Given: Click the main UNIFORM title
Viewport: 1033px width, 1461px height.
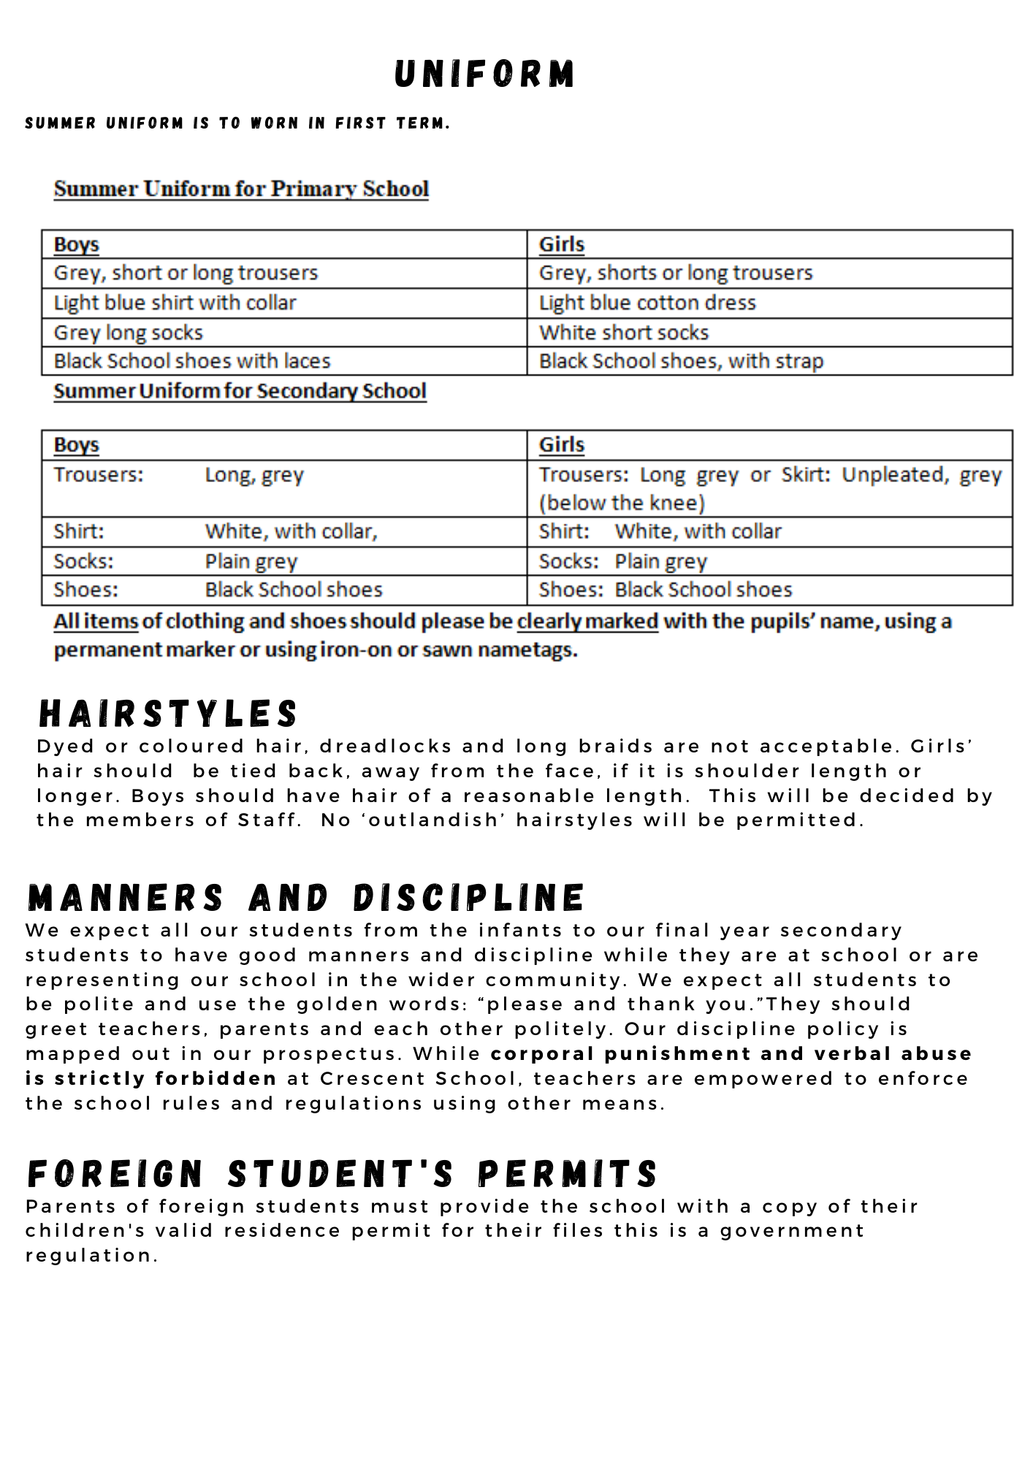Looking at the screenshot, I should (484, 75).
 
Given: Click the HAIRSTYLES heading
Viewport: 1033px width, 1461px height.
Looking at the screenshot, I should (168, 714).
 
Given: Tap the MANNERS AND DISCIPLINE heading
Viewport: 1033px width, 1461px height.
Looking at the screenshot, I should (306, 898).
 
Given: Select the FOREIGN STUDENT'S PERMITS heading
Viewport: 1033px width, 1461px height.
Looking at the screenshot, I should (343, 1174).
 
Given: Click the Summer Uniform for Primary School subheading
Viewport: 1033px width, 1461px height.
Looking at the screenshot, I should (241, 188).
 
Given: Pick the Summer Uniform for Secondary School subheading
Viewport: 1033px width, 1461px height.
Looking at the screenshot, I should (240, 391).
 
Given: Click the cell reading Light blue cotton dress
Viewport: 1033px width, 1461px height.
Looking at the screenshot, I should (647, 302).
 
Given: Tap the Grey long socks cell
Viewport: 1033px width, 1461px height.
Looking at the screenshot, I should (129, 332).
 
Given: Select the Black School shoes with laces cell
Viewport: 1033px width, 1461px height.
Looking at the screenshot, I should (192, 361).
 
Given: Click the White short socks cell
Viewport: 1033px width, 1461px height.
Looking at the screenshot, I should (624, 332).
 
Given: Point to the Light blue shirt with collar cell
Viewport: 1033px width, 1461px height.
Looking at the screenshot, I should (175, 302).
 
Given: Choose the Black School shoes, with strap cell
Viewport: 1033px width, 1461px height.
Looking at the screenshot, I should (681, 361).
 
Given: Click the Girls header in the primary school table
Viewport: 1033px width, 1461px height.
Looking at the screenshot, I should (562, 244).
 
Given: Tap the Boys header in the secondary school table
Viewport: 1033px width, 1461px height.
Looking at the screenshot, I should (77, 445).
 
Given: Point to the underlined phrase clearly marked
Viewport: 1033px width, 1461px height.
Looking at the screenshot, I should (587, 621).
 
